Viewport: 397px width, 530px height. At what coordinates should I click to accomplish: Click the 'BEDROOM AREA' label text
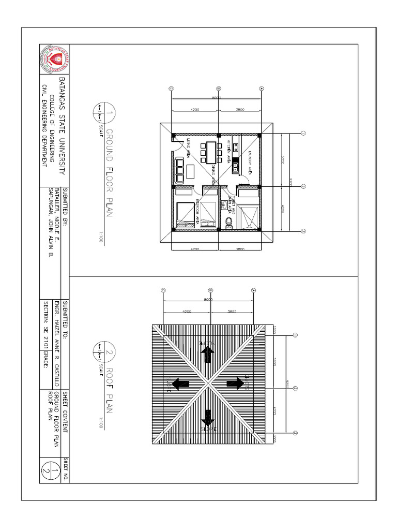[x=198, y=212]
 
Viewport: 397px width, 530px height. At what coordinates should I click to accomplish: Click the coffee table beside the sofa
[x=190, y=170]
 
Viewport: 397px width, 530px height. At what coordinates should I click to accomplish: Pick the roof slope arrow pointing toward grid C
[x=180, y=384]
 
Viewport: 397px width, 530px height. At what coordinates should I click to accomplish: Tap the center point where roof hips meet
[x=208, y=384]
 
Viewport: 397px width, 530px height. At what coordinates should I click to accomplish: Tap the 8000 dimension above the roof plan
[x=208, y=300]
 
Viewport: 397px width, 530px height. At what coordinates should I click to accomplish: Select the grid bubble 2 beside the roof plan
[x=295, y=388]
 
